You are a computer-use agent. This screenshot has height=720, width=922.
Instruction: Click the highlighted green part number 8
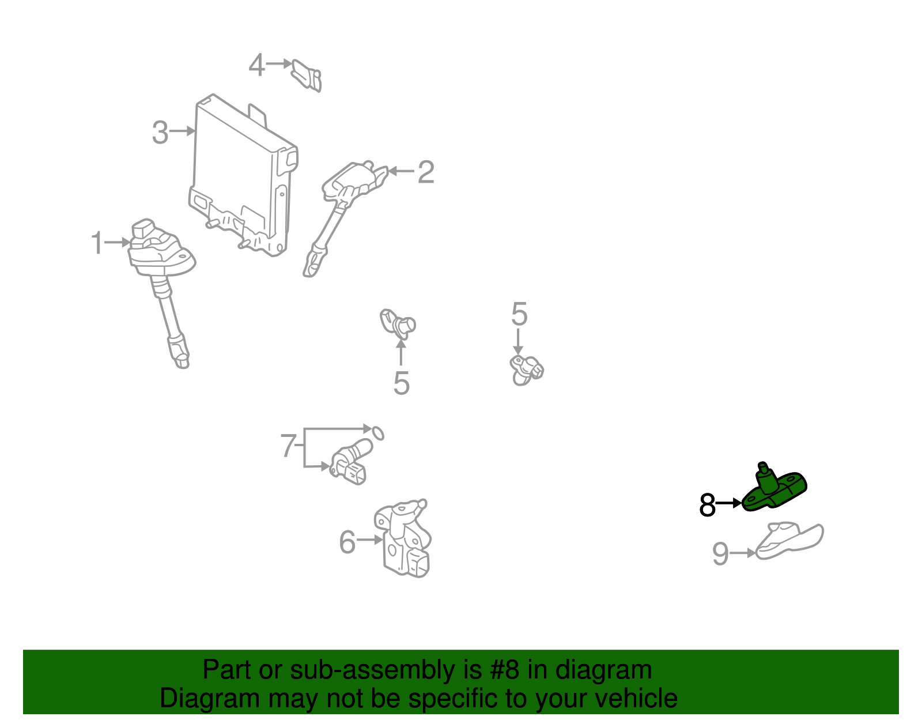click(x=774, y=491)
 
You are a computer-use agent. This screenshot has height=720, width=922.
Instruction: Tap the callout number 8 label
click(x=707, y=505)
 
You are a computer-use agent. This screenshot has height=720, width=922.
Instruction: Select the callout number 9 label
click(x=720, y=554)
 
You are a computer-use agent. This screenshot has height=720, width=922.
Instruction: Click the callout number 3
click(x=160, y=133)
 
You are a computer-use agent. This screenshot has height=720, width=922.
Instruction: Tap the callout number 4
click(x=256, y=65)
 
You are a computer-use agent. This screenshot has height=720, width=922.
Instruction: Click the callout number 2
click(x=425, y=172)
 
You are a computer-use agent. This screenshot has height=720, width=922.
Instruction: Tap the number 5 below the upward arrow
click(x=401, y=383)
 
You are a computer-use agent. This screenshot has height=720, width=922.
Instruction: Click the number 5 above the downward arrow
click(x=519, y=315)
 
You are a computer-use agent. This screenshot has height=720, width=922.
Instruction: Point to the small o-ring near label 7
click(x=377, y=432)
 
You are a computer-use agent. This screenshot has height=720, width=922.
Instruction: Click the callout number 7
click(x=288, y=446)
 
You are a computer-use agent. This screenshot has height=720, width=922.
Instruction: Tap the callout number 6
click(x=347, y=542)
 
